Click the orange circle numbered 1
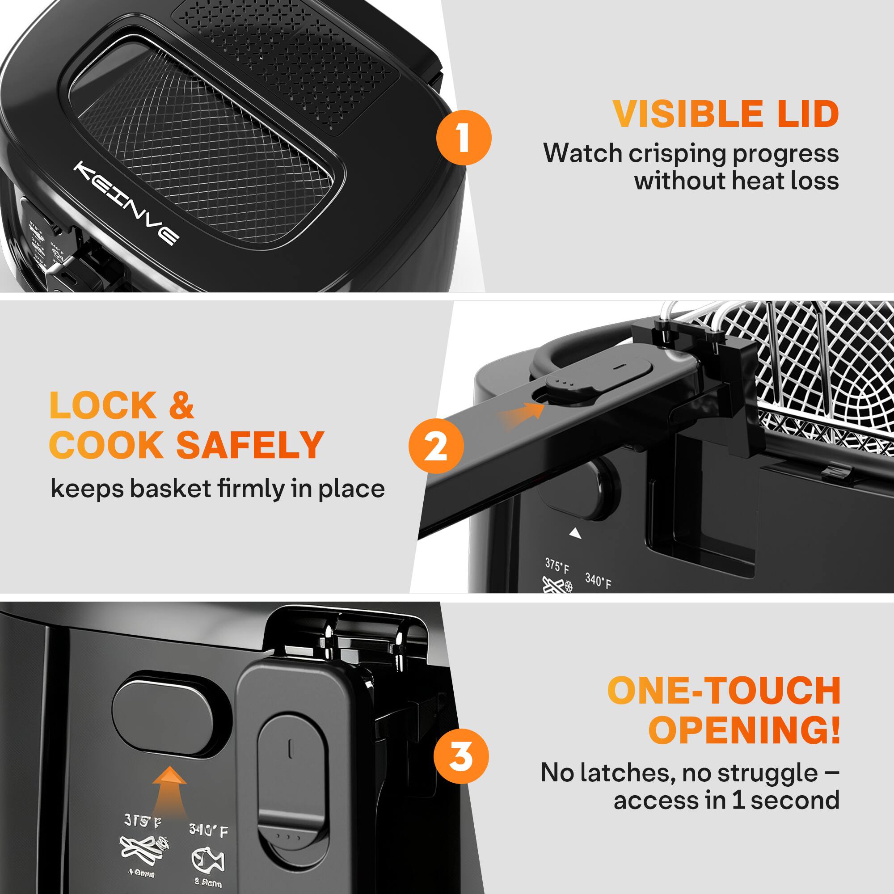click(464, 137)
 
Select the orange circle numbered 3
click(461, 756)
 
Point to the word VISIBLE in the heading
click(688, 114)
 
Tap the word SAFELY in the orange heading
click(250, 445)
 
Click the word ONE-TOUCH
click(724, 691)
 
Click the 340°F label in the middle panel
click(598, 580)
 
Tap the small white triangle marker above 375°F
click(575, 534)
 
